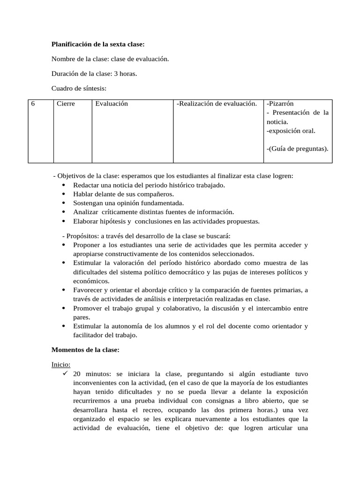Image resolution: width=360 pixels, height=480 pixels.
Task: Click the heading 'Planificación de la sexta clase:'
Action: (98, 45)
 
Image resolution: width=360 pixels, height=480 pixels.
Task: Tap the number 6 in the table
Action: (33, 104)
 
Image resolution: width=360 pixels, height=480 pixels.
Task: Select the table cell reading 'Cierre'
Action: (66, 104)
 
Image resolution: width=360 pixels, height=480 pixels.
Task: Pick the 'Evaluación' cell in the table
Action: (112, 104)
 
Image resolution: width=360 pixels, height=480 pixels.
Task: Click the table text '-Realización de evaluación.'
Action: (217, 104)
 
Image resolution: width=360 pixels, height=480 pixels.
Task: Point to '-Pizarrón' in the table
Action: (280, 104)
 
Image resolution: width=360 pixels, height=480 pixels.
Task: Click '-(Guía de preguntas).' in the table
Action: (297, 149)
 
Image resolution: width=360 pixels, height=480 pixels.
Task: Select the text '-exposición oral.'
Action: (291, 131)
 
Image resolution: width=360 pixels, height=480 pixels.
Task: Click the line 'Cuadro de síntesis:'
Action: (79, 88)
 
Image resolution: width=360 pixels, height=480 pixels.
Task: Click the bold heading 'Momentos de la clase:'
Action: (85, 350)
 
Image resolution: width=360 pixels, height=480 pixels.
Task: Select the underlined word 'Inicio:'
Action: (60, 364)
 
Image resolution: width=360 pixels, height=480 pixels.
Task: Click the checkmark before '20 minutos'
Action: (65, 374)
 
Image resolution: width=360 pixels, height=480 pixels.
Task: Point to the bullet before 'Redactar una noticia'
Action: (64, 185)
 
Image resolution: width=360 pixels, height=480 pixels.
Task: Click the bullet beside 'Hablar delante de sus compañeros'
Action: (64, 194)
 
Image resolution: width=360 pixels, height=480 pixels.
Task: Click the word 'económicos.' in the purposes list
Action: (91, 281)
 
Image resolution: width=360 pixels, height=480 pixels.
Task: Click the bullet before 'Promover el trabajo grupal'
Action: (64, 308)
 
